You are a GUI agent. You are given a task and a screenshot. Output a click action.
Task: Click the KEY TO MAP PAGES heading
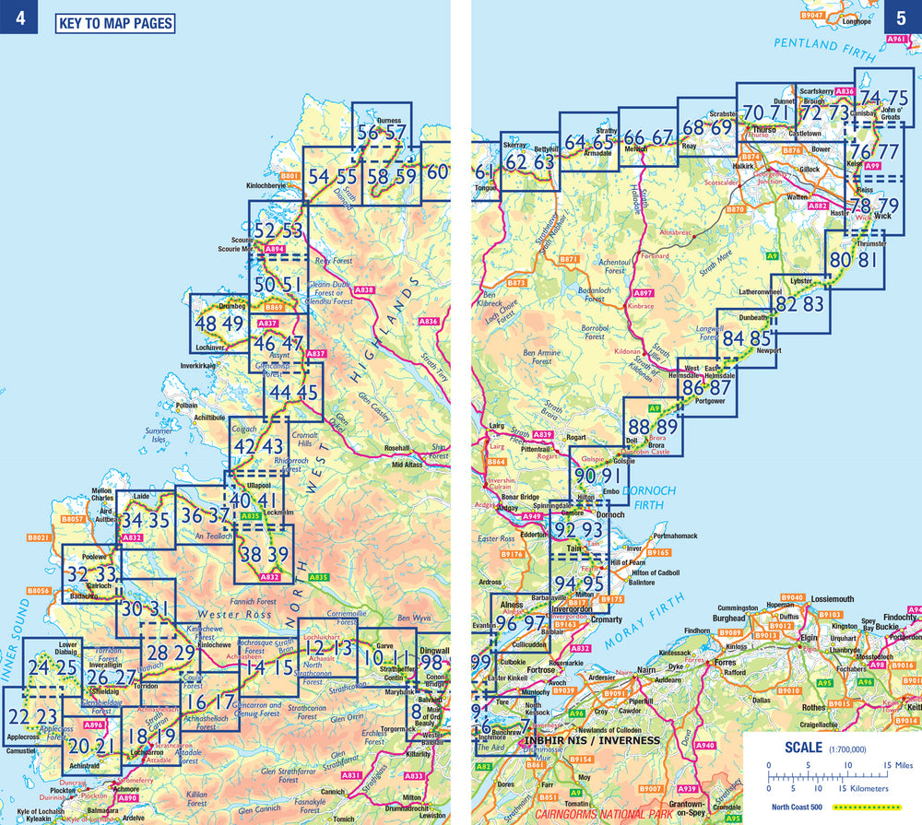(x=115, y=23)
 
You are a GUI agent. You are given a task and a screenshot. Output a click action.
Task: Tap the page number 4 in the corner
(x=18, y=18)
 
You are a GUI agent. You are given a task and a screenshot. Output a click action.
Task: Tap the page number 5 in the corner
(x=903, y=18)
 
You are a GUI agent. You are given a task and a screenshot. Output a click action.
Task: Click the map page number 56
(x=367, y=133)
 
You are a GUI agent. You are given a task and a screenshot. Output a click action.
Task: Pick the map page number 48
(x=206, y=324)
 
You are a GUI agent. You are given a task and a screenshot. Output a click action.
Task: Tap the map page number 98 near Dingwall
(x=431, y=664)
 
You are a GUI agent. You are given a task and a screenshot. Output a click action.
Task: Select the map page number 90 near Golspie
(x=585, y=477)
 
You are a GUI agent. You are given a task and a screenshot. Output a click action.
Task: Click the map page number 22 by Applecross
(x=19, y=716)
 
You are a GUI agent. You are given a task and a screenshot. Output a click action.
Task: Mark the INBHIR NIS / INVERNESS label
(x=592, y=740)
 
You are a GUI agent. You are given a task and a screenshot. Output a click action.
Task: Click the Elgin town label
(x=810, y=637)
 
